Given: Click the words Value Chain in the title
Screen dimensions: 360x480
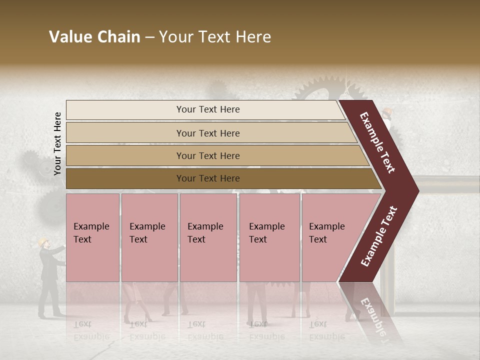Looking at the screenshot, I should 94,37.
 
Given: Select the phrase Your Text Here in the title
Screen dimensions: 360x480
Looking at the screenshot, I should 215,37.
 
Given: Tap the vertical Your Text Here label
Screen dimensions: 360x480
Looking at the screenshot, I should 57,143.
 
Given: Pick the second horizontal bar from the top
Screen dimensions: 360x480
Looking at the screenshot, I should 208,133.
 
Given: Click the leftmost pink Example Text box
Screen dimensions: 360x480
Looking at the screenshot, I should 92,237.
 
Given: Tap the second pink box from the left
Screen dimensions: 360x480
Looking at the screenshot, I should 149,237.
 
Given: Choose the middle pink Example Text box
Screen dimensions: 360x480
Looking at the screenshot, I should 208,237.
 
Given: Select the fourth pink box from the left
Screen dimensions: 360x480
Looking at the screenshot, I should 269,237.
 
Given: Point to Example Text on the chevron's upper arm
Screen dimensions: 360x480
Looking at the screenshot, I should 377,142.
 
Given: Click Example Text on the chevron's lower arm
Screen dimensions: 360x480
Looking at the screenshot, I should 379,236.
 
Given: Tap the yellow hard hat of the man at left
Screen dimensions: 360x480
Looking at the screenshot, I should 43,241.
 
